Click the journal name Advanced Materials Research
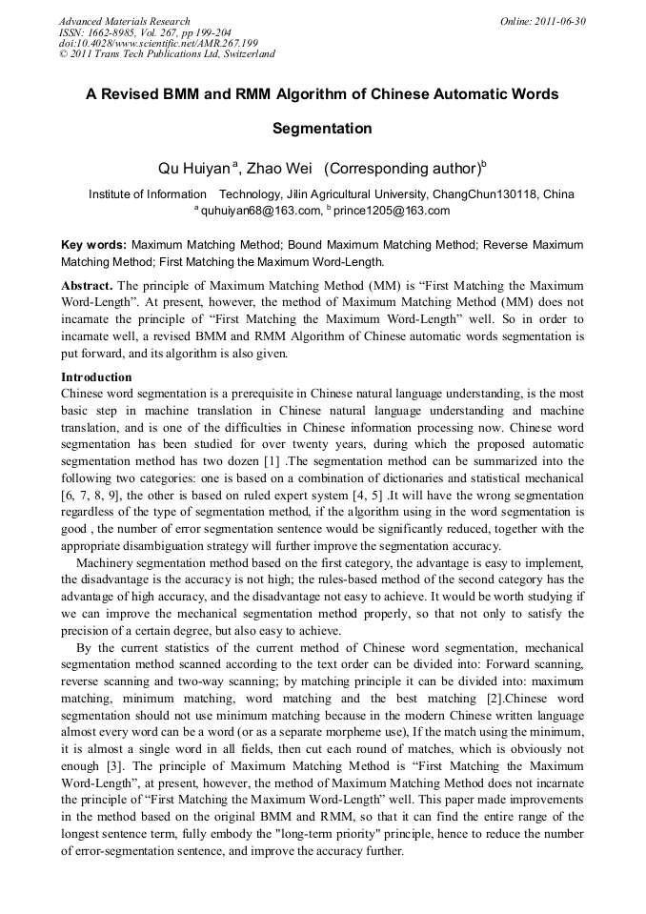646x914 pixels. tap(125, 21)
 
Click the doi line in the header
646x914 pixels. tap(158, 43)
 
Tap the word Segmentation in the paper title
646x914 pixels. tap(322, 128)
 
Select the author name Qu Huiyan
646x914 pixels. tap(194, 169)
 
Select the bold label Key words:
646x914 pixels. tap(93, 245)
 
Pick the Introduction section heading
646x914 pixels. tap(96, 377)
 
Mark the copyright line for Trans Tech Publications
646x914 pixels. tap(167, 54)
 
